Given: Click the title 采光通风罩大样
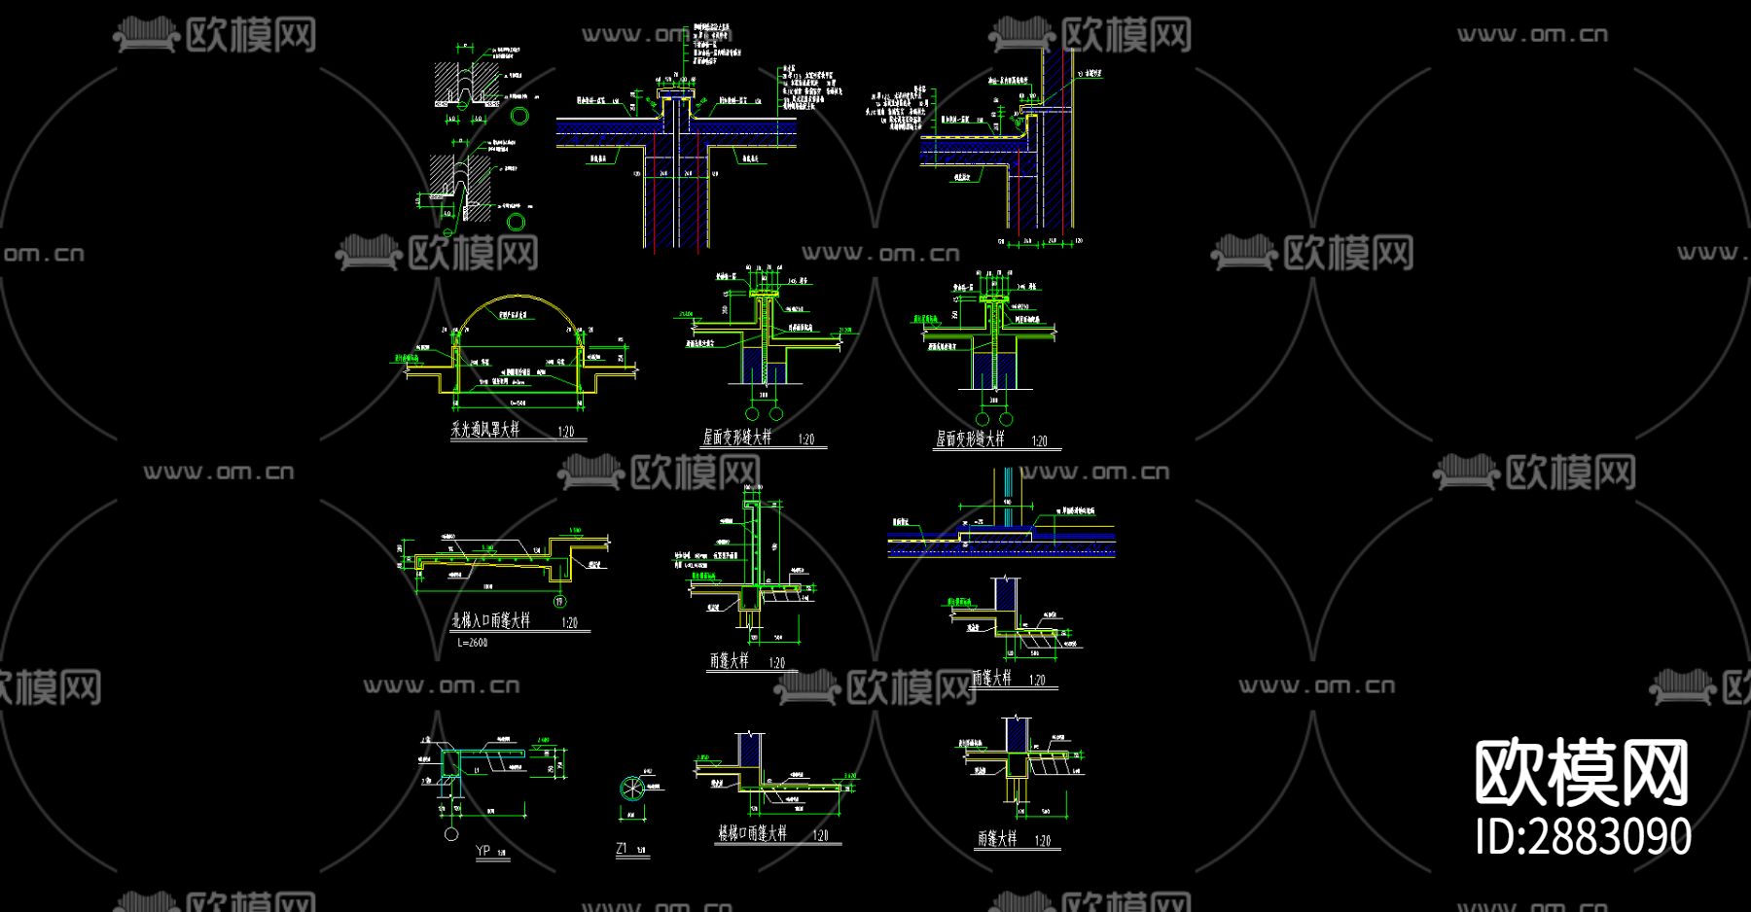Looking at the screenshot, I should click(x=484, y=430).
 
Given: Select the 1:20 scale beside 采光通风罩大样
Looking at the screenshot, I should click(x=566, y=432).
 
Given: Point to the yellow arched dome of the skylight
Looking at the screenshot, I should click(x=517, y=300).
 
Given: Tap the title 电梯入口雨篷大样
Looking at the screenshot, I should click(x=490, y=620).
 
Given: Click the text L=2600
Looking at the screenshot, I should click(x=472, y=643).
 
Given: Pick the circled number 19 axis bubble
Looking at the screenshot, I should click(x=559, y=602).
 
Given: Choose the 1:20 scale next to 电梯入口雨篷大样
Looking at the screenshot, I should click(x=570, y=622).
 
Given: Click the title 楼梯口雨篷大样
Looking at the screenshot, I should click(x=752, y=833).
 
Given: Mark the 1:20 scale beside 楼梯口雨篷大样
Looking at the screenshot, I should click(x=821, y=835).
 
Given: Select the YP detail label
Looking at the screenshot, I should click(x=482, y=851).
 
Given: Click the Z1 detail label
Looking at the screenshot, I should click(x=623, y=849).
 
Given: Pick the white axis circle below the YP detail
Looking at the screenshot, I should click(x=451, y=834).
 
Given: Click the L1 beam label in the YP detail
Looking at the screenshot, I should click(x=477, y=770).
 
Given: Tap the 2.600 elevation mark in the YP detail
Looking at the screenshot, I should click(x=543, y=741).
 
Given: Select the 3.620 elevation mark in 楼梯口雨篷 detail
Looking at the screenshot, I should click(x=849, y=777).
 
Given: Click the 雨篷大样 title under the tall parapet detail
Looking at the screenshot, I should click(x=730, y=661).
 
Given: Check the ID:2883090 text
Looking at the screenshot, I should click(x=1583, y=837).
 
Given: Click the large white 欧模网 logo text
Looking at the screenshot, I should click(x=1582, y=773).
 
